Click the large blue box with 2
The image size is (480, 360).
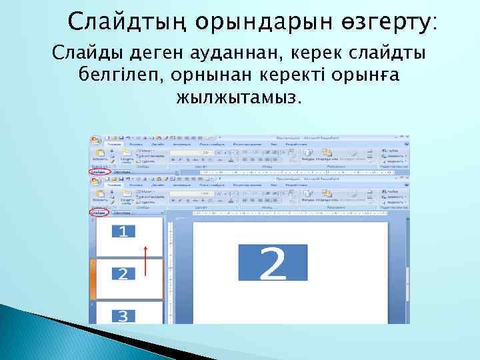pyautogui.click(x=271, y=263)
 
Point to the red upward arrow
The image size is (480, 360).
pyautogui.click(x=145, y=260)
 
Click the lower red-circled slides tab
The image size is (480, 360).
pyautogui.click(x=99, y=213)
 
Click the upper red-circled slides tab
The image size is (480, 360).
pyautogui.click(x=99, y=171)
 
